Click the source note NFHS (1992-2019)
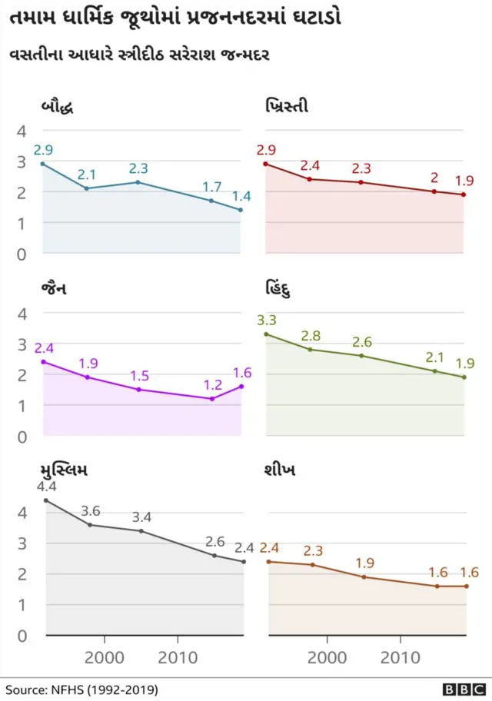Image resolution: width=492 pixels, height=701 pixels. (82, 689)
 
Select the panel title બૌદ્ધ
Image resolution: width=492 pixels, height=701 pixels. (58, 107)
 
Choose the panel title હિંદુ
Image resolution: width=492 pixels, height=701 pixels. (281, 290)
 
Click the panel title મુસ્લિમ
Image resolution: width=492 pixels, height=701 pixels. (70, 470)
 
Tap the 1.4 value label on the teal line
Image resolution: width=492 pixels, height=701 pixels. (241, 195)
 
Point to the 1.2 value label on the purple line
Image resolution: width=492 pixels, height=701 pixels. (213, 384)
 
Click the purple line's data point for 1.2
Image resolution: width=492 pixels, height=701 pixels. (212, 398)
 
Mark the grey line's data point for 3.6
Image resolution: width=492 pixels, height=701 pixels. (90, 525)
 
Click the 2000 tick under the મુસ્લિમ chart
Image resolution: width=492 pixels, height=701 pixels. (104, 658)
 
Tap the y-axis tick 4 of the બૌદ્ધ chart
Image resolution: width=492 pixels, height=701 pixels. (22, 131)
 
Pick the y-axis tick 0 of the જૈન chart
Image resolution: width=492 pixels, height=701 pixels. (22, 437)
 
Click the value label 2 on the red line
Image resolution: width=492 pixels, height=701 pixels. (434, 177)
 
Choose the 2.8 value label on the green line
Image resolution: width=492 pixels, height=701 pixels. (311, 335)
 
